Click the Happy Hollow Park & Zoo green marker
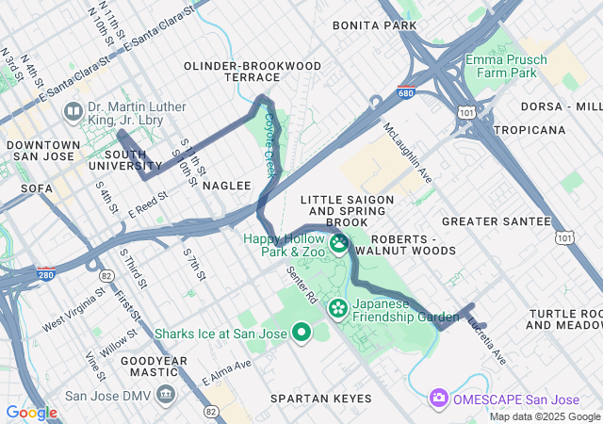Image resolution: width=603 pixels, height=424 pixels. click(338, 244)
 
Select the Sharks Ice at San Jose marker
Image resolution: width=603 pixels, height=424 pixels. click(301, 332)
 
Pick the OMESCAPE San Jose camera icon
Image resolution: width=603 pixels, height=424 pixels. click(438, 398)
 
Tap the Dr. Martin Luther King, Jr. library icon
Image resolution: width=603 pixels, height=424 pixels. click(73, 112)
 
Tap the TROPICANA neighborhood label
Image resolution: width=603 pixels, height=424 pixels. click(534, 129)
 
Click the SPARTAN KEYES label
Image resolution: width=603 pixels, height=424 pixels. click(321, 399)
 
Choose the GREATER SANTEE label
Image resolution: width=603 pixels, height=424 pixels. click(496, 221)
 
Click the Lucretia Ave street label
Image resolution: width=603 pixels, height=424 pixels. click(486, 340)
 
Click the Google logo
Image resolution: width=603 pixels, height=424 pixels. click(31, 412)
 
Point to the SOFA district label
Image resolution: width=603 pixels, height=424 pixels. click(36, 188)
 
